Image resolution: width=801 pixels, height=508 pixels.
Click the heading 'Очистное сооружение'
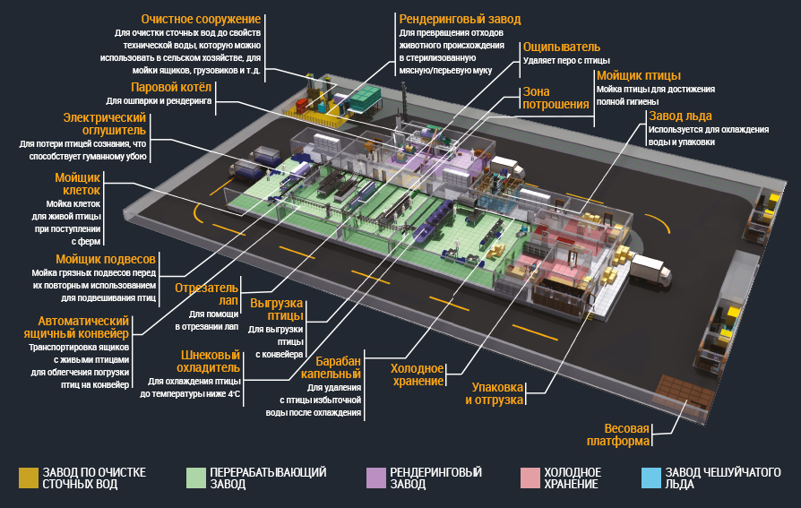point(201,19)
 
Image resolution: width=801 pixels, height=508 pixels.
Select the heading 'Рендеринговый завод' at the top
point(460,19)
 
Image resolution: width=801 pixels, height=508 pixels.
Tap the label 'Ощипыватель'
point(562,47)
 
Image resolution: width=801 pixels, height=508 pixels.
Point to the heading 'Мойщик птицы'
point(638,75)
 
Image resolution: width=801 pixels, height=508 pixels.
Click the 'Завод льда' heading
point(681,116)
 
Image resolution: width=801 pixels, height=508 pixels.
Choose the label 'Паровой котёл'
point(171,88)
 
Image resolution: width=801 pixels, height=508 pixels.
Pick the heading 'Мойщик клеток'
point(78,184)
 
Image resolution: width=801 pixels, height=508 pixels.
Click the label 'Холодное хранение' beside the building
point(418,375)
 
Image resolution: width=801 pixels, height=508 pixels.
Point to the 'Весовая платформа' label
point(618,434)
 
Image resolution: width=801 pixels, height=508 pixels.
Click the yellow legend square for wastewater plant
point(29,478)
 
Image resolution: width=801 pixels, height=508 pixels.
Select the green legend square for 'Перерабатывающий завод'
point(195,478)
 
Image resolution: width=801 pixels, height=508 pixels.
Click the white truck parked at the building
point(650,271)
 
